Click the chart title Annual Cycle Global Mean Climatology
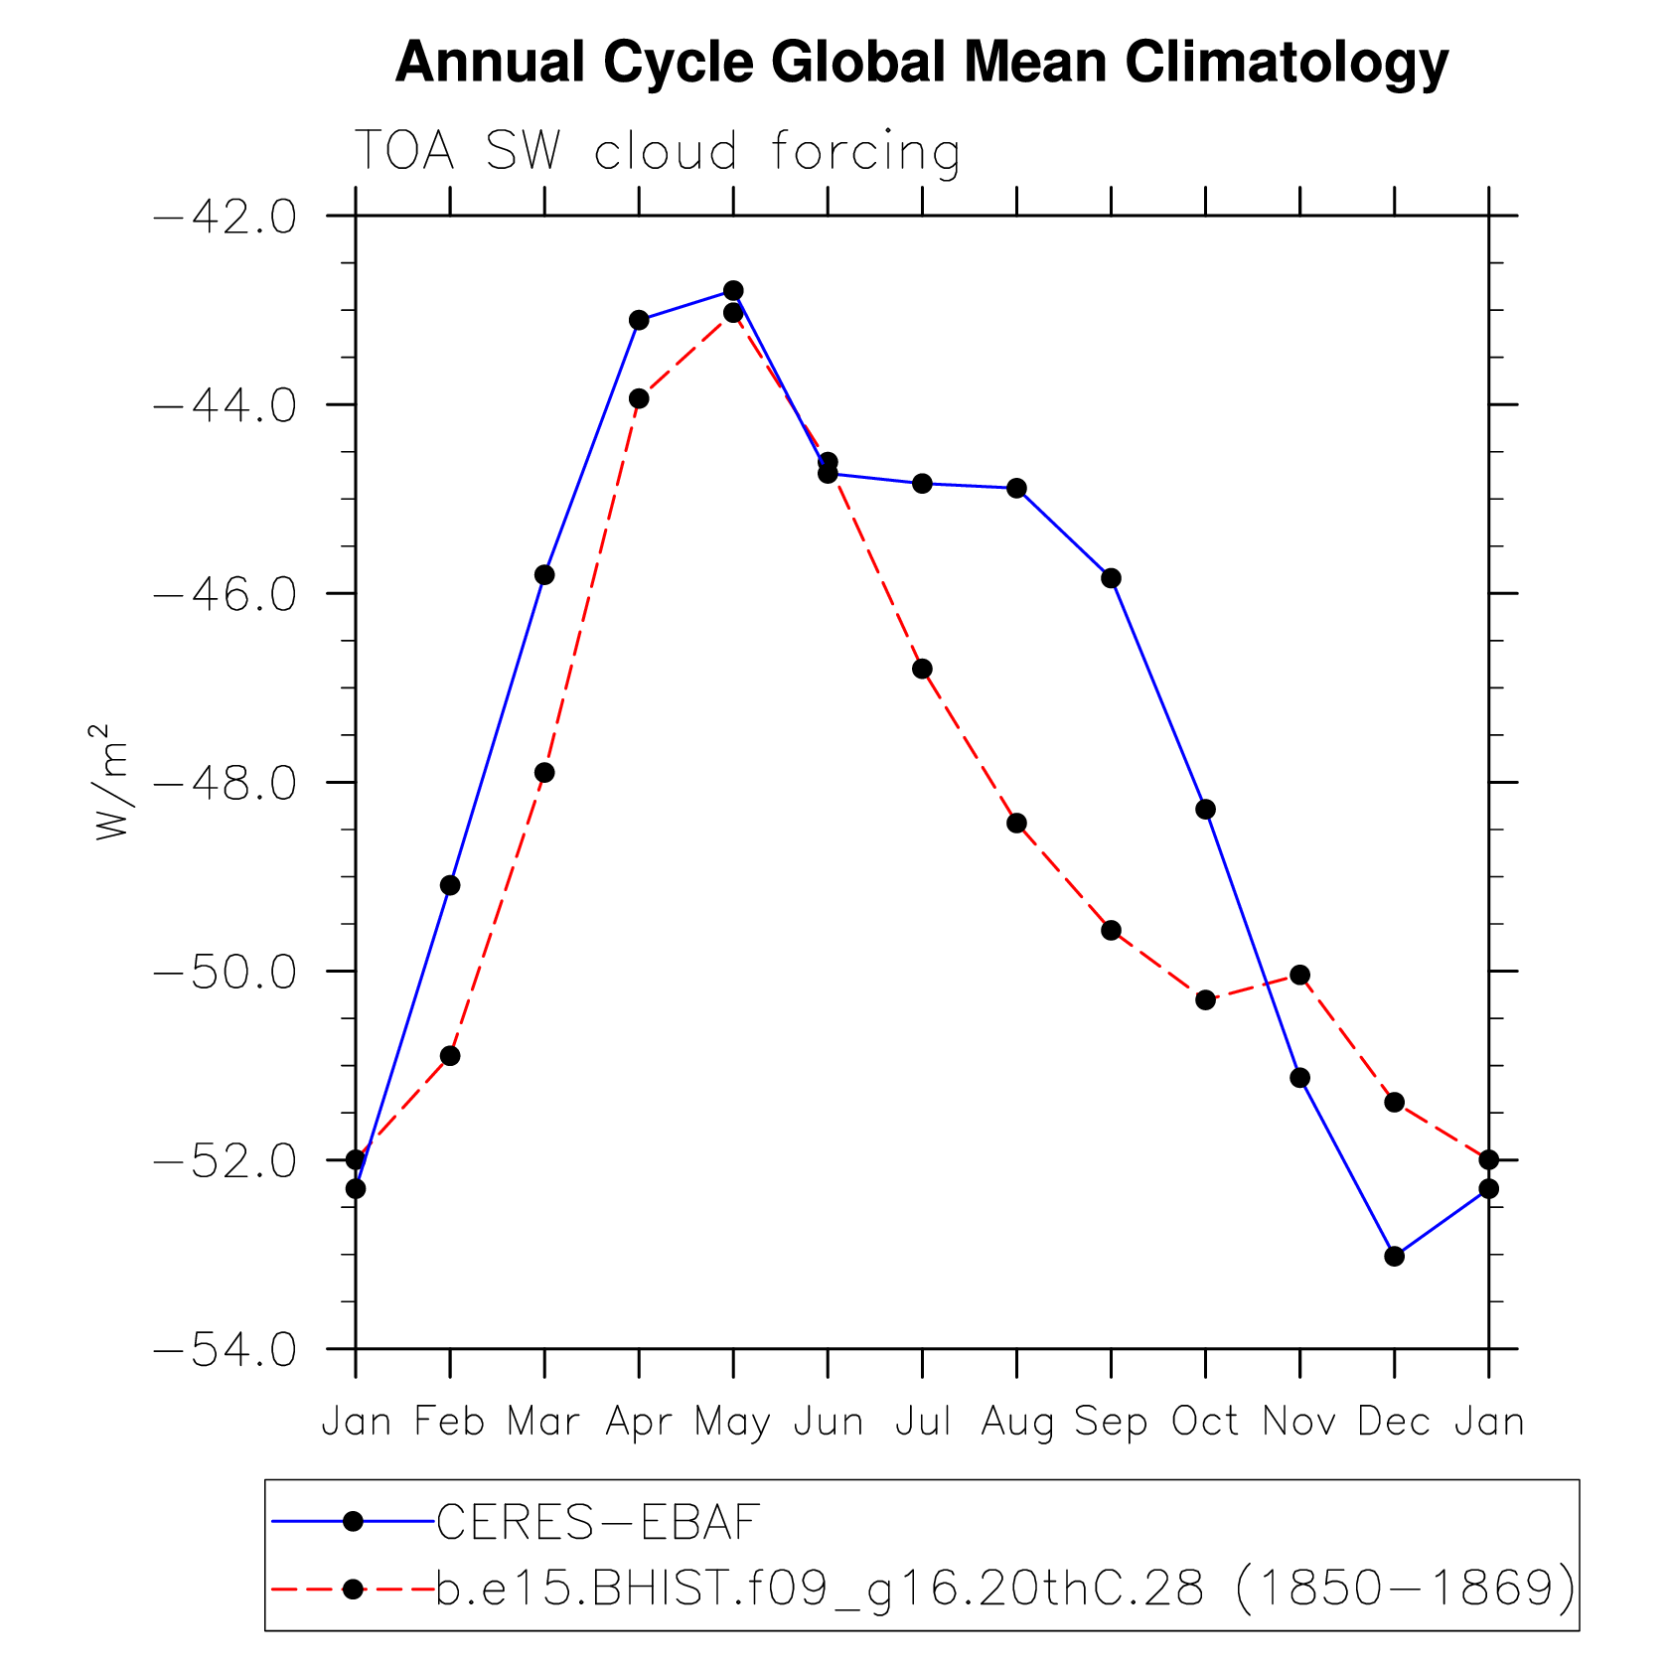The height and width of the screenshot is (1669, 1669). pos(921,62)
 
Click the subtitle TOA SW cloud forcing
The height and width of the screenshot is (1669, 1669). pos(657,152)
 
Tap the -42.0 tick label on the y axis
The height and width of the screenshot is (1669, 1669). pos(226,217)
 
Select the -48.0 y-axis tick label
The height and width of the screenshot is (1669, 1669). pos(226,784)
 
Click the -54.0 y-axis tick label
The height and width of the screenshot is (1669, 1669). pos(226,1350)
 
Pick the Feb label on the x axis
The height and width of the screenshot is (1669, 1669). pos(449,1422)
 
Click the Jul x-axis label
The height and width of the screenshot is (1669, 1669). pos(922,1422)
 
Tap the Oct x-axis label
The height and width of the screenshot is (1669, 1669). pos(1205,1422)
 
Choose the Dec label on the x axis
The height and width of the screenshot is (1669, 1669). pos(1394,1422)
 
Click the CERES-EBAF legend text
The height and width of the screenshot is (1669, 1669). pos(598,1521)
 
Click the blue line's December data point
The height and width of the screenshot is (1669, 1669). pos(1394,1256)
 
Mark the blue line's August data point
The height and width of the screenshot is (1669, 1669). pos(1016,488)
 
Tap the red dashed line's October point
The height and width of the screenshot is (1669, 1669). pos(1205,999)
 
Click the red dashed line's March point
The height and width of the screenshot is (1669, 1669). pos(544,772)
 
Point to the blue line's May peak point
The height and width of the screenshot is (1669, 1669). pos(733,290)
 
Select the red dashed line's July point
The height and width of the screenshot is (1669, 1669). pos(922,669)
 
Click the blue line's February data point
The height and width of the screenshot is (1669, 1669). pos(450,885)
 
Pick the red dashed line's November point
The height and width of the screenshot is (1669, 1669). pos(1299,975)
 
